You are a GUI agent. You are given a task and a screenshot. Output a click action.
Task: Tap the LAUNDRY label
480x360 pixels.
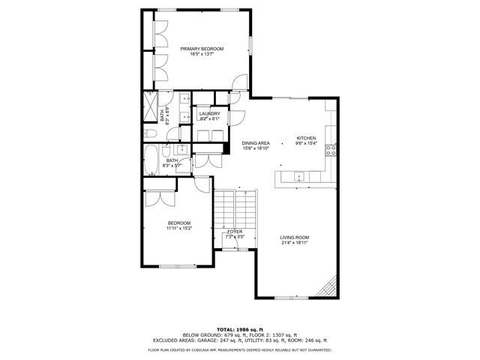pos(209,113)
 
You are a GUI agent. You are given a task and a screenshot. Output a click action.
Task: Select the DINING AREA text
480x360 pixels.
pos(256,142)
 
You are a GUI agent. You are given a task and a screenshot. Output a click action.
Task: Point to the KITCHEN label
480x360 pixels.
pos(307,138)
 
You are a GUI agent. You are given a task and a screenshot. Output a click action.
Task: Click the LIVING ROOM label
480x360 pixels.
pos(295,238)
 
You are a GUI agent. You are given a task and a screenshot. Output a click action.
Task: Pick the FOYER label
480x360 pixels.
pos(235,232)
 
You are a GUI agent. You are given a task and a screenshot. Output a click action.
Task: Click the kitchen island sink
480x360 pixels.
pos(299,177)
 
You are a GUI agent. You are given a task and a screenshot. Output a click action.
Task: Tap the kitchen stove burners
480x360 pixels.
pos(329,150)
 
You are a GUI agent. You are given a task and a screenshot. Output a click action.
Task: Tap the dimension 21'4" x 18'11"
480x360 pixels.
pos(295,243)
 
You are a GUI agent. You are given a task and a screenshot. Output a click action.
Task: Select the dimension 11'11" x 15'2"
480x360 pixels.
pos(179,228)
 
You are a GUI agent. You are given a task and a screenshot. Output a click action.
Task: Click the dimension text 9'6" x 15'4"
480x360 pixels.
pos(307,143)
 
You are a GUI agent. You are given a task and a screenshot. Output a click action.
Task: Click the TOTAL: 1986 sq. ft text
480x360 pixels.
pos(239,329)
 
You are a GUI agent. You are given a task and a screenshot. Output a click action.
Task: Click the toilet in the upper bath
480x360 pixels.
pos(149,132)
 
